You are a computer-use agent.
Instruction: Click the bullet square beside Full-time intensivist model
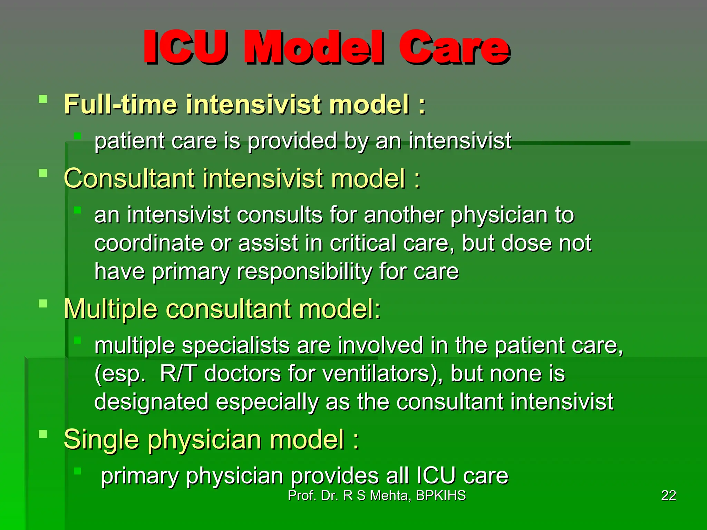pyautogui.click(x=43, y=100)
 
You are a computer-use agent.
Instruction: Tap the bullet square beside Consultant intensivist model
pyautogui.click(x=43, y=173)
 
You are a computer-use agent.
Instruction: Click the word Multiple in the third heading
pyautogui.click(x=110, y=309)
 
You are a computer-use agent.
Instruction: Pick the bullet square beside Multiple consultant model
pyautogui.click(x=43, y=304)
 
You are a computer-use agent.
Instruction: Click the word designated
pyautogui.click(x=151, y=402)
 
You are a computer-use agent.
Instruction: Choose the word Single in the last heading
pyautogui.click(x=101, y=439)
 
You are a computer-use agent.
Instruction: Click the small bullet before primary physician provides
pyautogui.click(x=77, y=471)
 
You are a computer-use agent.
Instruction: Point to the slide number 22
pyautogui.click(x=668, y=496)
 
